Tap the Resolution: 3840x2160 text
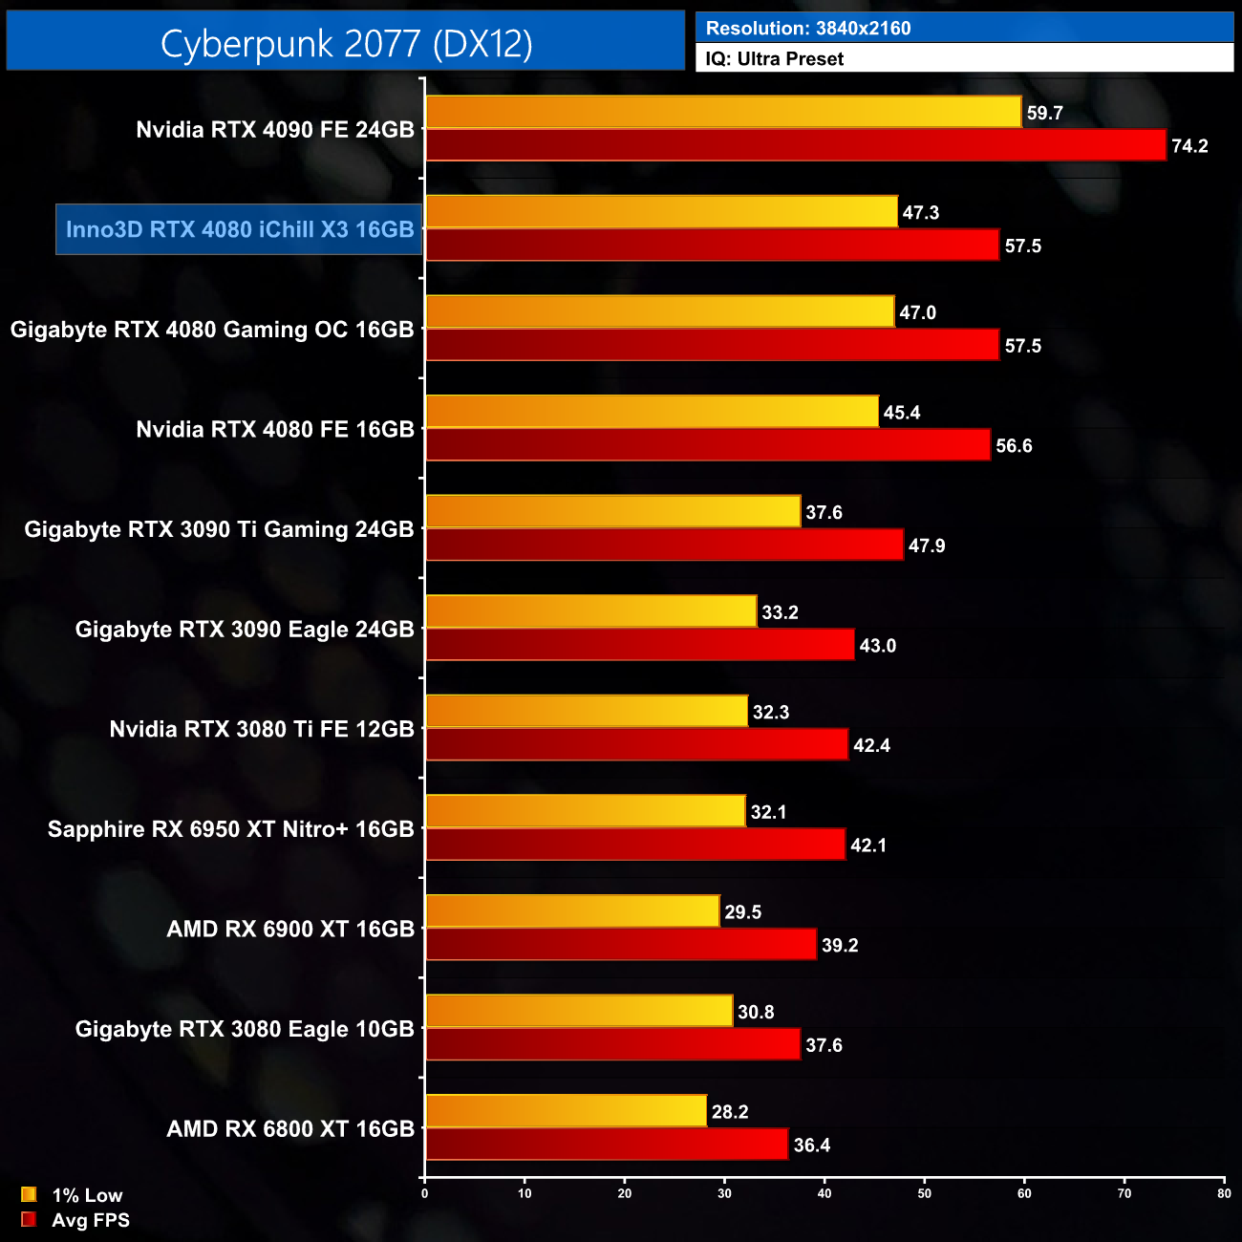(808, 29)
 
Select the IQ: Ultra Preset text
(774, 59)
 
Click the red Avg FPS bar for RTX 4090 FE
(795, 146)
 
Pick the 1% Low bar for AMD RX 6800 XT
(566, 1111)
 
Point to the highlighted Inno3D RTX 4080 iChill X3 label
(239, 230)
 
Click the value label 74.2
(1189, 146)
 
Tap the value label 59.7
(1044, 114)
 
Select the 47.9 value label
(927, 546)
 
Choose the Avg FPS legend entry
(75, 1220)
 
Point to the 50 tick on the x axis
(925, 1193)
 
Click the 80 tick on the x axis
(1224, 1193)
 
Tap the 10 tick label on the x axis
(525, 1193)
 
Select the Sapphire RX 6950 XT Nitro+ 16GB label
(230, 829)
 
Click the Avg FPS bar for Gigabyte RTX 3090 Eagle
(639, 646)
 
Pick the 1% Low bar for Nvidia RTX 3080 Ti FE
(586, 712)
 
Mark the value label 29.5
(742, 912)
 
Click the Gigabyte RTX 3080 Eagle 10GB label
(245, 1029)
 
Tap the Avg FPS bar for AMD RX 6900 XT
(620, 945)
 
